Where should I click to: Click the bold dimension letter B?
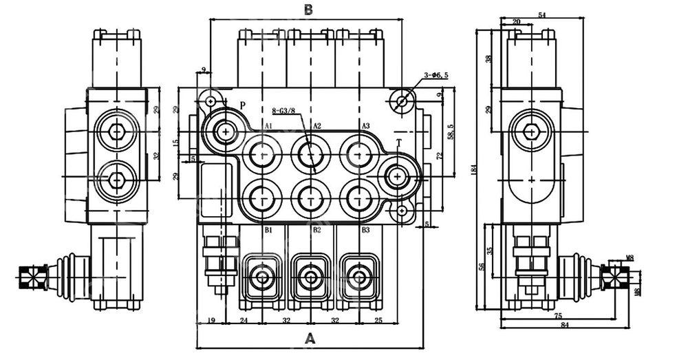click(309, 9)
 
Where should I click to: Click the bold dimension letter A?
click(310, 338)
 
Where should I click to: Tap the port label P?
click(242, 105)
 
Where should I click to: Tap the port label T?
click(398, 142)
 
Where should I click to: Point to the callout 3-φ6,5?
click(436, 75)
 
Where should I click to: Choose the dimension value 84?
click(564, 326)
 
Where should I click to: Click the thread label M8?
click(630, 258)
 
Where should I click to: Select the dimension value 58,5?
click(451, 131)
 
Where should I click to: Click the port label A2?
click(316, 126)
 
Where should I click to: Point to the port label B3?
click(365, 229)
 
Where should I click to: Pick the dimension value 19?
click(211, 320)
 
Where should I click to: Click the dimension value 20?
click(517, 22)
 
